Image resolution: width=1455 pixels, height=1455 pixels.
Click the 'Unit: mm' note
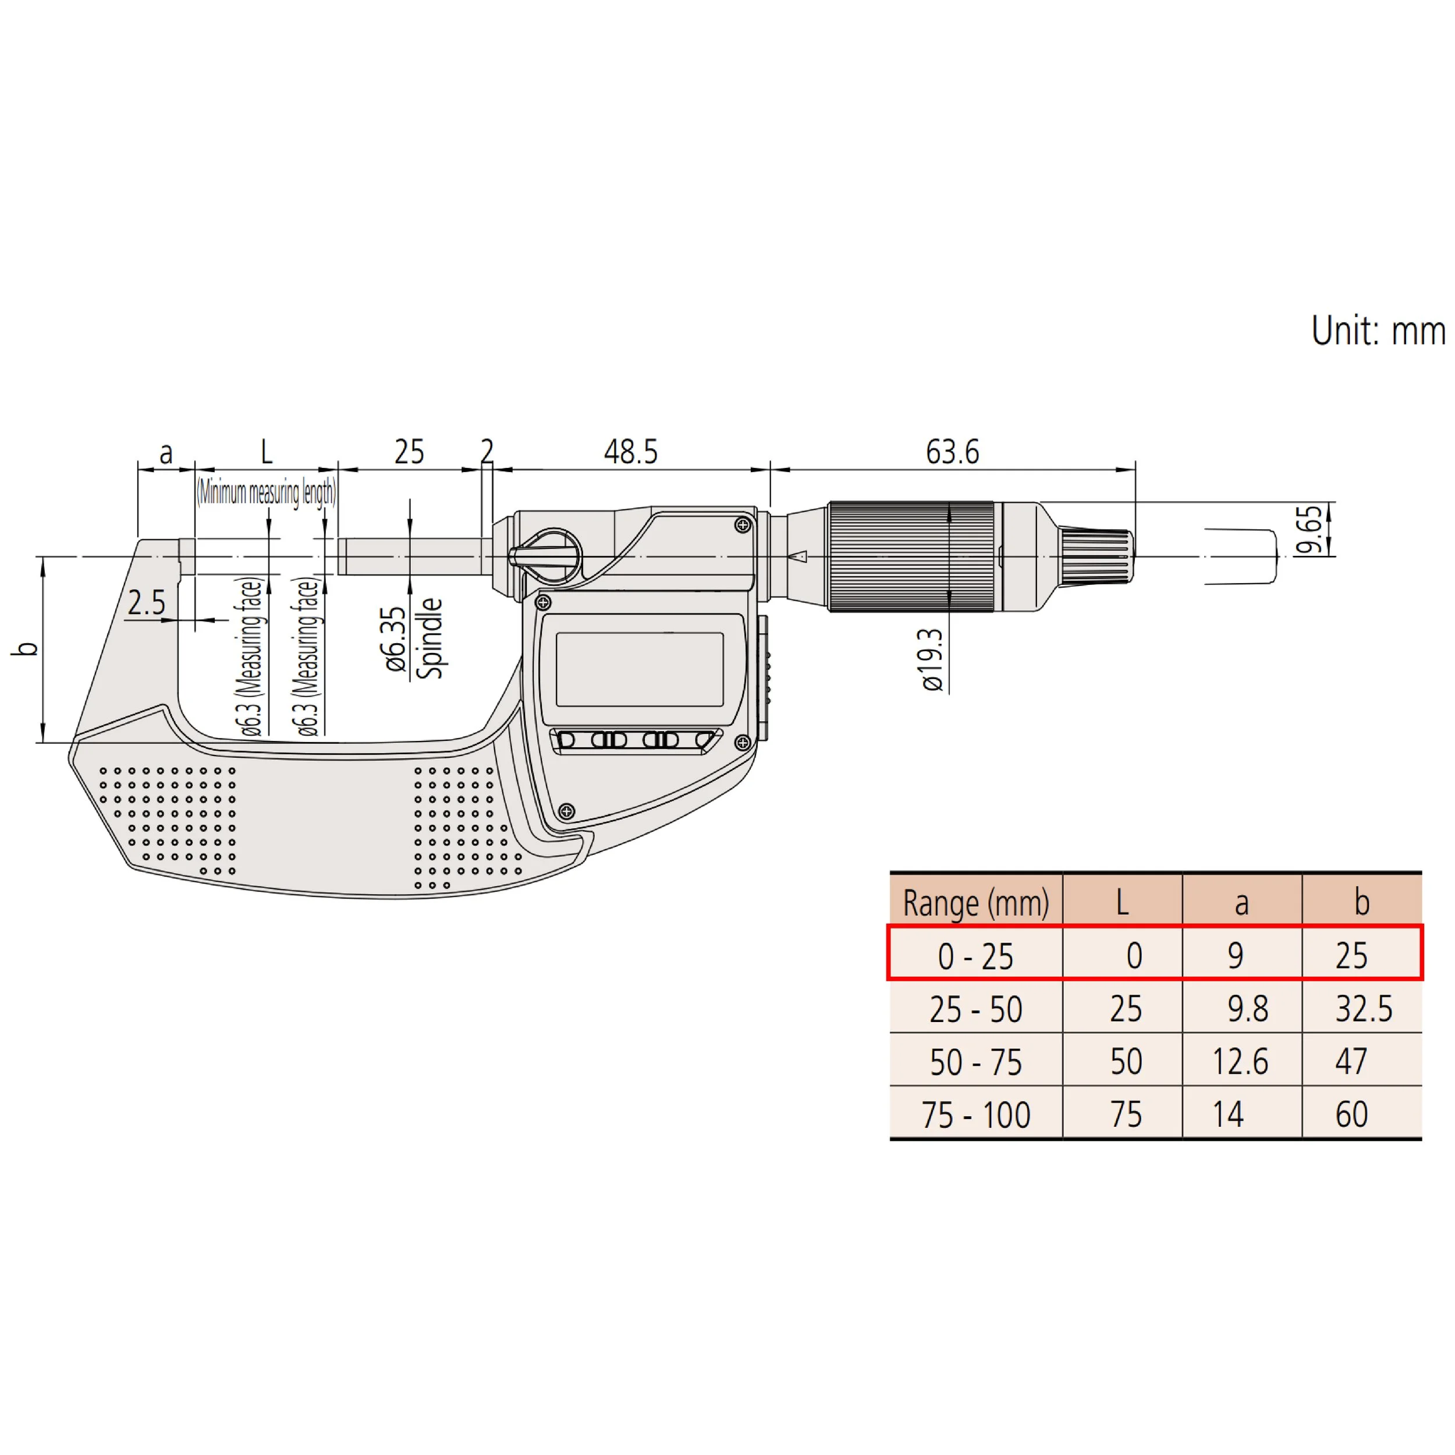1378,331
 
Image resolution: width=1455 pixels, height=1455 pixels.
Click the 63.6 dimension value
952,452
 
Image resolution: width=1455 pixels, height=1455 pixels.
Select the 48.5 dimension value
630,452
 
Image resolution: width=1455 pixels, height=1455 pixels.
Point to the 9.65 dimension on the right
1311,530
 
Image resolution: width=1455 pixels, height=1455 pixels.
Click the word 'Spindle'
430,638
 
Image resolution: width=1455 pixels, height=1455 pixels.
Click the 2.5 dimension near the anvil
146,602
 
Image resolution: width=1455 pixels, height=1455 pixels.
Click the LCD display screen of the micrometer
640,669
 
